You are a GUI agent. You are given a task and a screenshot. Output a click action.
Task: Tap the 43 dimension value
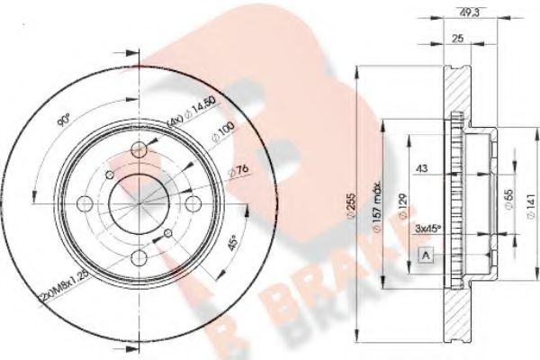(x=420, y=167)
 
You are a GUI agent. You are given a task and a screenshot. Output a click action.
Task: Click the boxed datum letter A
(x=425, y=256)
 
